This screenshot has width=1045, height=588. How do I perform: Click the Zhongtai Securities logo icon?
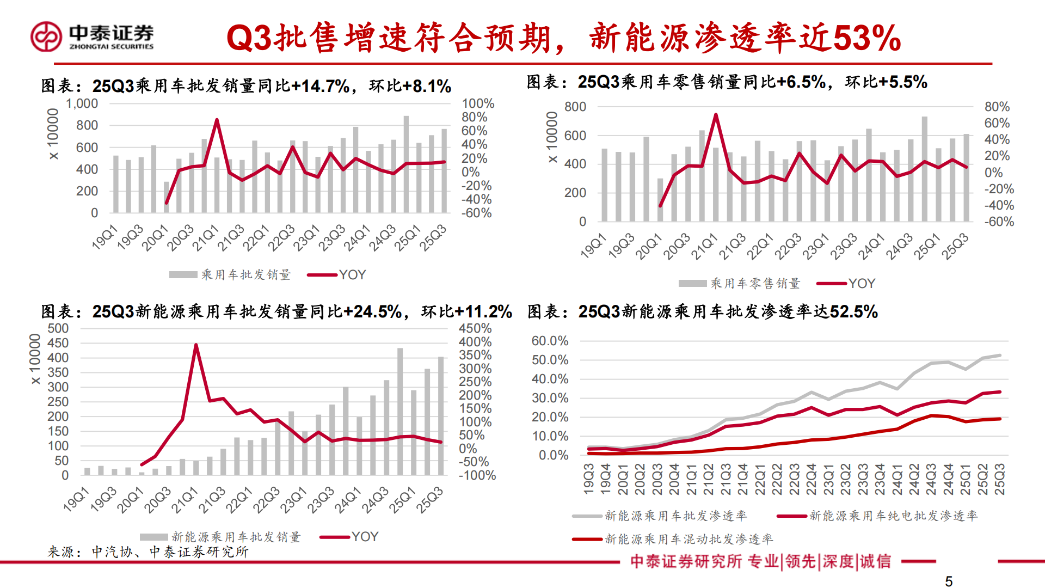[46, 37]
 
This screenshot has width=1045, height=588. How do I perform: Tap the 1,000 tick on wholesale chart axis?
[82, 103]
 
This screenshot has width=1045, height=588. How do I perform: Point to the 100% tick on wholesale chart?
[478, 103]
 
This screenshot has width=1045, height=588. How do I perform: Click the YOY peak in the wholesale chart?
[217, 120]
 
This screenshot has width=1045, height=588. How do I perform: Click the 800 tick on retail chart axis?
[575, 107]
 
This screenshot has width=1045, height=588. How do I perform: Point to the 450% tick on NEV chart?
[475, 328]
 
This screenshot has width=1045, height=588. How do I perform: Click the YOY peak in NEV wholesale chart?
[196, 345]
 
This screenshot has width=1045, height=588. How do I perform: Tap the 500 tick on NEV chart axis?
[58, 328]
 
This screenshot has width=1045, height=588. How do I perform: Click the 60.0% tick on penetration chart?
[550, 341]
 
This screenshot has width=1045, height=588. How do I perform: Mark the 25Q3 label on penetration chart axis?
[1000, 479]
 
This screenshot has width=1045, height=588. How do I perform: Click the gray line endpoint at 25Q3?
[1000, 356]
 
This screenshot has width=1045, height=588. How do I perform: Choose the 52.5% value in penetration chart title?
[853, 312]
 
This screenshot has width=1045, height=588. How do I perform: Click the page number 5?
[949, 581]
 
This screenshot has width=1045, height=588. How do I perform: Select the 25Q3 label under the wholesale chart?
[433, 237]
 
